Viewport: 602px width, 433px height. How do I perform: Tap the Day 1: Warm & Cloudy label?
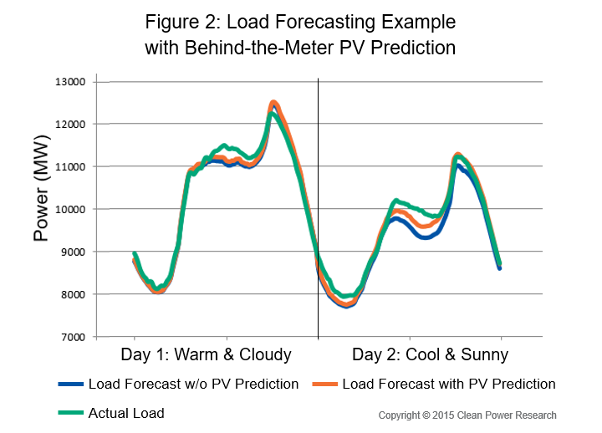coord(206,355)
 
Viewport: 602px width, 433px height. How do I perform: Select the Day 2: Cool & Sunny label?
coord(430,355)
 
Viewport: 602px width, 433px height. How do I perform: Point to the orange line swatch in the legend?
coord(324,385)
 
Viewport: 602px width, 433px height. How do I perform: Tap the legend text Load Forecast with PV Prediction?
coord(449,385)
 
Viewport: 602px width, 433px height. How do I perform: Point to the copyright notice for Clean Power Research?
coord(467,415)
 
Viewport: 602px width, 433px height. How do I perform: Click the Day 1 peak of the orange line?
coord(273,103)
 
